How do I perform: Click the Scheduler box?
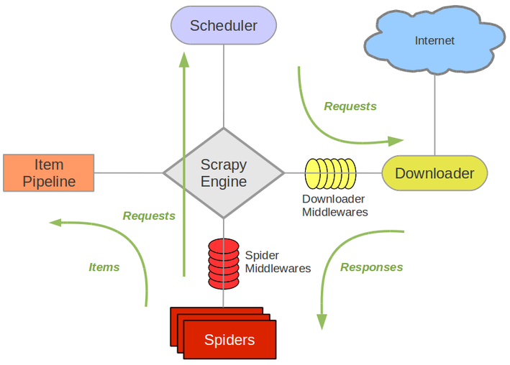tap(224, 26)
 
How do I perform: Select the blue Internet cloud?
tap(434, 40)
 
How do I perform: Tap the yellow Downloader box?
tap(434, 173)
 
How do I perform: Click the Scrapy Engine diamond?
tap(224, 173)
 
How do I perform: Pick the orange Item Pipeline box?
tap(49, 173)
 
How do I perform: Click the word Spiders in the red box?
tap(229, 340)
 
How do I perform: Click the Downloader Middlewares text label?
tap(334, 205)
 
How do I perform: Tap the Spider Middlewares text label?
tap(278, 262)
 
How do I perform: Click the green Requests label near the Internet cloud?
tap(350, 106)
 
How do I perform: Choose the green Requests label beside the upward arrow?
tap(149, 216)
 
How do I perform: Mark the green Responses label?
tap(371, 267)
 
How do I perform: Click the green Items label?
tap(104, 267)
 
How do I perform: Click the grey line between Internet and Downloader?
tap(434, 115)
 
